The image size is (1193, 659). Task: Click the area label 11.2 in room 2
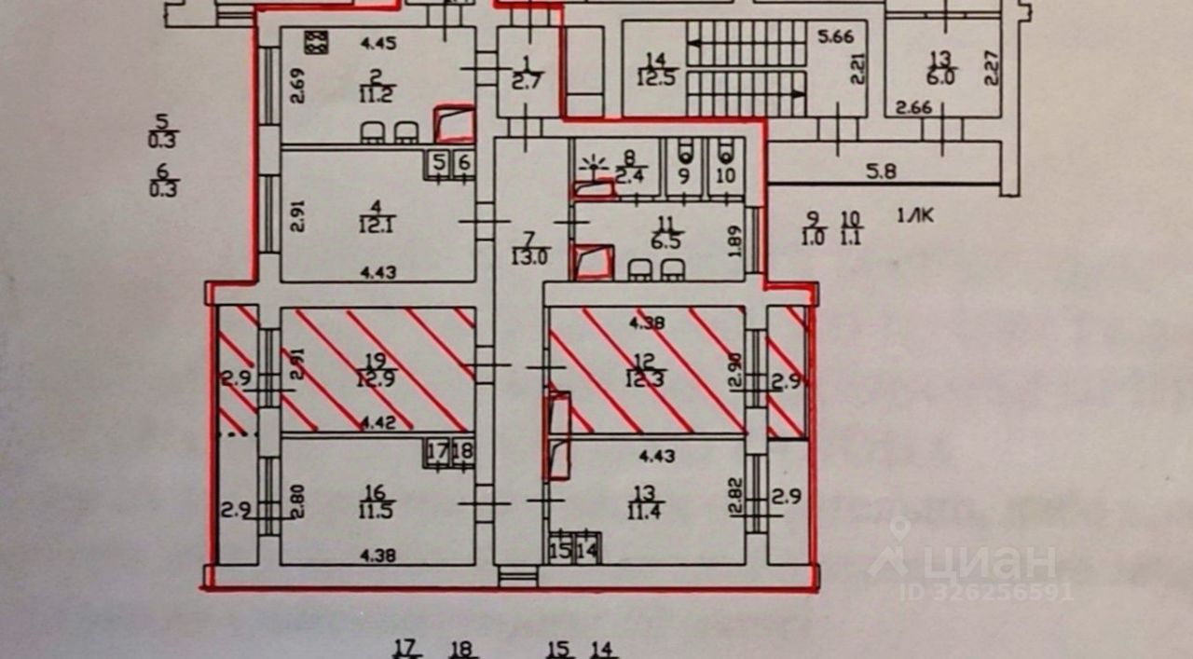coord(377,93)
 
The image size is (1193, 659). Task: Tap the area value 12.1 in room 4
coord(377,225)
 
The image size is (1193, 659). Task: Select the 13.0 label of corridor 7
coord(528,257)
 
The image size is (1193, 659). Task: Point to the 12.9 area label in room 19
coord(376,378)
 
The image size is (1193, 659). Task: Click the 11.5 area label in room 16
coord(376,510)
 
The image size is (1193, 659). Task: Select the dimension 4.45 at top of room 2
coord(378,40)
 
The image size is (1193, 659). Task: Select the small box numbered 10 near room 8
coord(726,174)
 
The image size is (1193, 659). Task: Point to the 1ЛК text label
coord(916,217)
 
